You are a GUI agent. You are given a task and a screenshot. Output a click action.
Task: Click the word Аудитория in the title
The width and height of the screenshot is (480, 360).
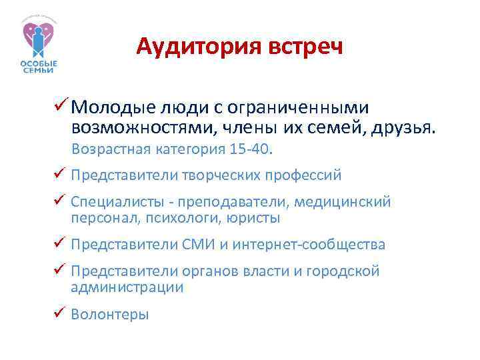[x=188, y=47]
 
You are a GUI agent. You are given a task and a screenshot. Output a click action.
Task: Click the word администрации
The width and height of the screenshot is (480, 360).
[x=127, y=287]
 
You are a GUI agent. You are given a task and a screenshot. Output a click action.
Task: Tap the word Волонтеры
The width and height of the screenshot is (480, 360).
[x=110, y=314]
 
